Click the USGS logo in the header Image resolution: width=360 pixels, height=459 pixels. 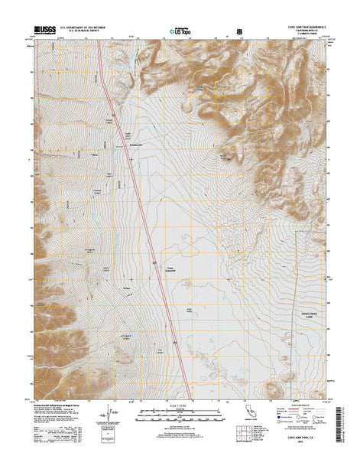45,31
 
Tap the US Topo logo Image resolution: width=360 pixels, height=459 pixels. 176,32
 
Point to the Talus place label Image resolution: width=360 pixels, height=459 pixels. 95,156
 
